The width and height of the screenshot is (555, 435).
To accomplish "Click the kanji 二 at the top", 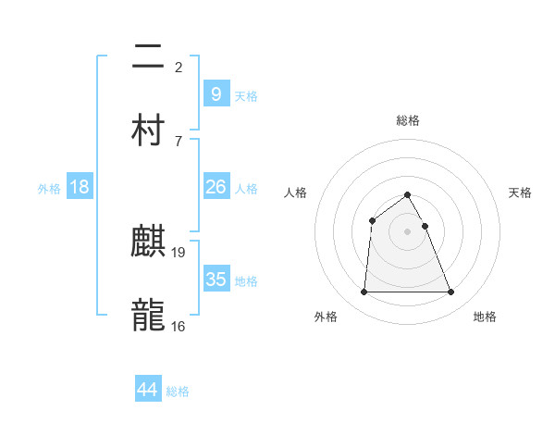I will [x=148, y=58].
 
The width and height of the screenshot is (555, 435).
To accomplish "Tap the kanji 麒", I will [x=148, y=243].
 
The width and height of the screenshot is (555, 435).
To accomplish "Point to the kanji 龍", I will [x=148, y=316].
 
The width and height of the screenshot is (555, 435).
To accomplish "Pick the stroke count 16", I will [x=179, y=326].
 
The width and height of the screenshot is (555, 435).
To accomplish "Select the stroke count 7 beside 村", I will [x=178, y=141].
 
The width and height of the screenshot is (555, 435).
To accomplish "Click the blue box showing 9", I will [x=216, y=93].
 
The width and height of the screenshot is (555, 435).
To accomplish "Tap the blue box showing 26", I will [x=216, y=187].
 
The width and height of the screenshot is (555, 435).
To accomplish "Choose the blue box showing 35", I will [x=216, y=279].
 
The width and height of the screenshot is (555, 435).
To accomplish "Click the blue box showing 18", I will [x=80, y=187].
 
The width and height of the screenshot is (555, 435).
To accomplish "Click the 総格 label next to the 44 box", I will [x=178, y=391].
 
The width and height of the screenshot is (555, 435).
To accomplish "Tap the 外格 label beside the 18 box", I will [x=49, y=188].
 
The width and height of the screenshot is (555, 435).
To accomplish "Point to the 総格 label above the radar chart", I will [x=408, y=120].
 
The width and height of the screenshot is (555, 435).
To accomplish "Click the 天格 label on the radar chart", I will [x=521, y=193].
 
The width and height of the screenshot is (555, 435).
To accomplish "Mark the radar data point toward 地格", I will [x=451, y=292].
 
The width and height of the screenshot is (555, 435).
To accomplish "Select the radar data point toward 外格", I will [x=364, y=292].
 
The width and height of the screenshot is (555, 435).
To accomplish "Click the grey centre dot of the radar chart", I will [x=408, y=231].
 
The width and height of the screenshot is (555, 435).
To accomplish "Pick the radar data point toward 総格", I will [x=408, y=194].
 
